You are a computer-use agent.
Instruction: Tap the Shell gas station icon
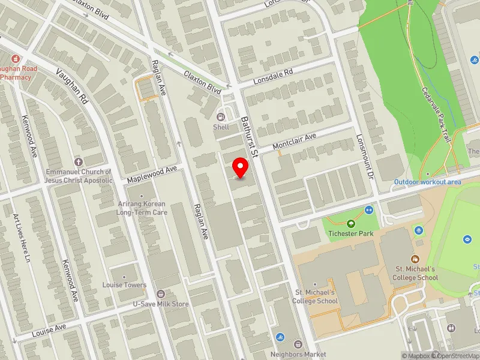click(221, 116)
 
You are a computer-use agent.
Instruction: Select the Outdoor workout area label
click(427, 182)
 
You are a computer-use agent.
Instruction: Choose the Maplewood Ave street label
click(152, 175)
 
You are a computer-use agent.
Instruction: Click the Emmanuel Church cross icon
click(78, 162)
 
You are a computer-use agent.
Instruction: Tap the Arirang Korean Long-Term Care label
click(142, 208)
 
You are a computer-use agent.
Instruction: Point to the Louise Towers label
click(124, 284)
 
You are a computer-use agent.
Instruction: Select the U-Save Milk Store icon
click(160, 293)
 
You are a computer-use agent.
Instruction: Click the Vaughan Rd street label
click(72, 86)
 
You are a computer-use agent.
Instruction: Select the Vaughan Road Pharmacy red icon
click(3, 59)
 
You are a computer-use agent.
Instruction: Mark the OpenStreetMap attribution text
click(457, 356)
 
